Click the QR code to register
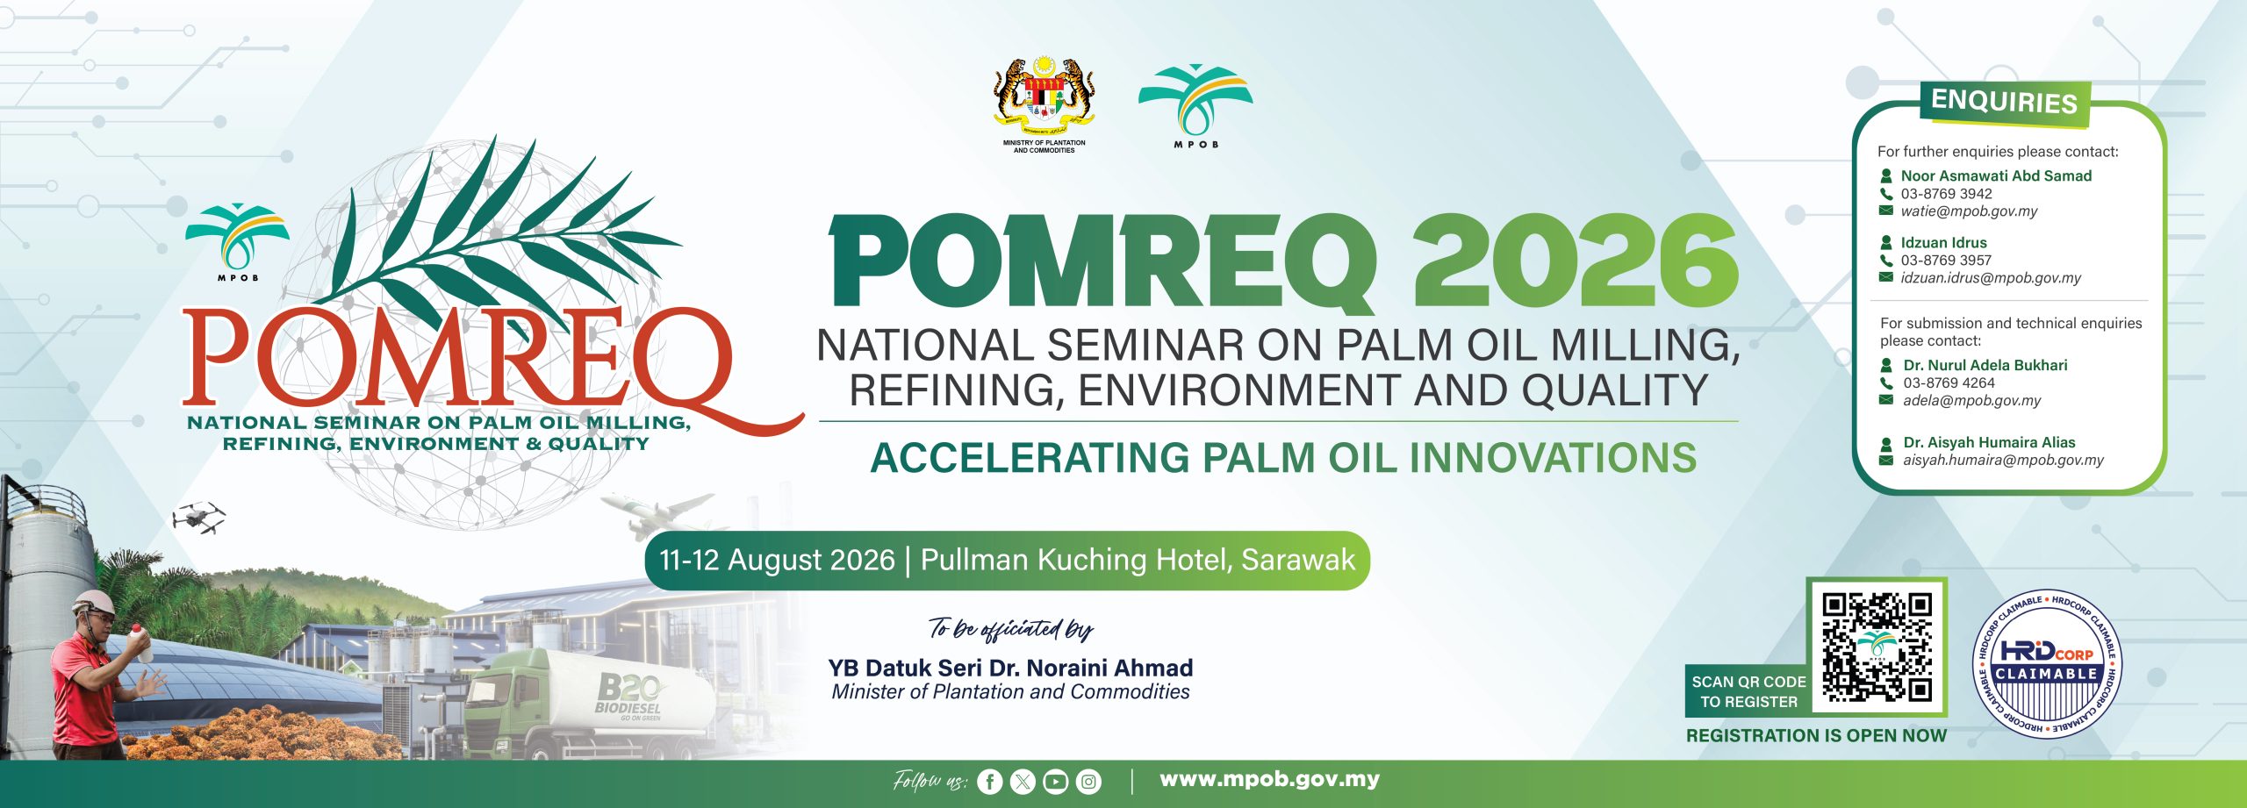click(1877, 647)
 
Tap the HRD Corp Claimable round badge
click(2046, 664)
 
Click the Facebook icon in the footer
click(989, 782)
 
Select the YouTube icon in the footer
click(1056, 782)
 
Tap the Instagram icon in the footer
click(1088, 782)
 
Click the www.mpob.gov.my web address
click(1269, 779)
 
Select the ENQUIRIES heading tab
click(2005, 102)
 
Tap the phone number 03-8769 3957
click(1946, 261)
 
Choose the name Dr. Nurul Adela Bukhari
click(1985, 365)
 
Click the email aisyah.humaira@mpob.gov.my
click(2003, 460)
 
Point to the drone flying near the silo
click(198, 518)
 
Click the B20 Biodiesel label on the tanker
click(629, 696)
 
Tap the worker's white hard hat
click(94, 602)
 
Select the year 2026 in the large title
click(1576, 261)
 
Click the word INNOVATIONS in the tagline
click(1553, 458)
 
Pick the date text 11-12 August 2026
click(777, 560)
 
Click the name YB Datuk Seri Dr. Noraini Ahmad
click(1010, 668)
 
